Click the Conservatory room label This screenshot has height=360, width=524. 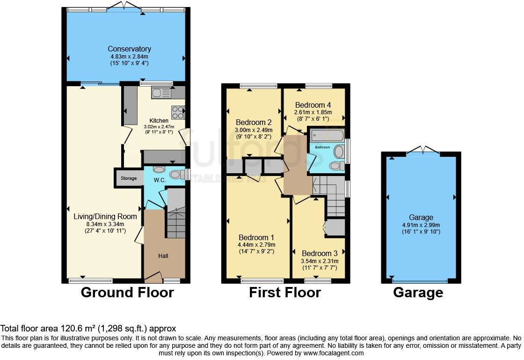129,49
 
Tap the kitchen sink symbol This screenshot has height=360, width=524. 160,93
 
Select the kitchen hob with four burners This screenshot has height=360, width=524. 178,112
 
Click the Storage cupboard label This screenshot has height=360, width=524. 129,178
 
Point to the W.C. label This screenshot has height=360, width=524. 160,180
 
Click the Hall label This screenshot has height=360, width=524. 163,256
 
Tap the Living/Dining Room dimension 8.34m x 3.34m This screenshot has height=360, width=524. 105,224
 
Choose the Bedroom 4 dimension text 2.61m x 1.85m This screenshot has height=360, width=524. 313,112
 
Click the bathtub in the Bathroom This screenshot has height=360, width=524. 327,136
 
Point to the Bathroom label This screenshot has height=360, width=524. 322,147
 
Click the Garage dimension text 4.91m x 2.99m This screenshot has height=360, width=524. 421,225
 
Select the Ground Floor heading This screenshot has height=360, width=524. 127,293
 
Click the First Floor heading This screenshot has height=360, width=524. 284,293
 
